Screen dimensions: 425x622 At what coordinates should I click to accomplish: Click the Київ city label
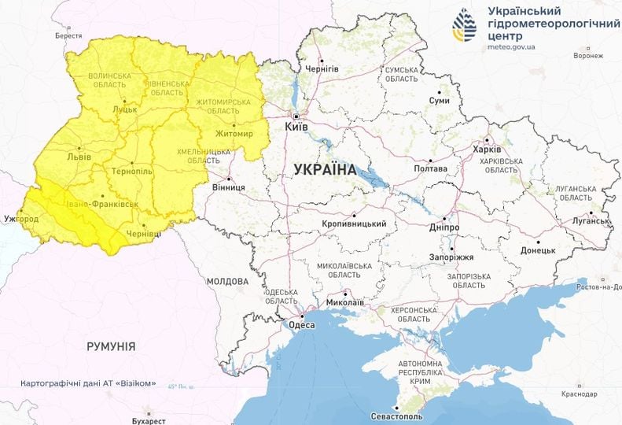click(296, 126)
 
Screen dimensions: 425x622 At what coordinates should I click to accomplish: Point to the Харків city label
click(487, 150)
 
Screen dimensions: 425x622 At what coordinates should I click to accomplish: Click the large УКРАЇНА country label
click(324, 168)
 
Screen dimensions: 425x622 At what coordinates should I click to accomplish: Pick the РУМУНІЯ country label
click(110, 346)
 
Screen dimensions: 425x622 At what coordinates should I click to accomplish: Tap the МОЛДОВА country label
click(227, 281)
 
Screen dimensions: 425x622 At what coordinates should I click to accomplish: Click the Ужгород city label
click(21, 217)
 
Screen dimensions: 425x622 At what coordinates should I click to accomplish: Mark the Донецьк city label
click(538, 250)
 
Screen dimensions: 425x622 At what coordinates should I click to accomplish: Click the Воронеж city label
click(588, 56)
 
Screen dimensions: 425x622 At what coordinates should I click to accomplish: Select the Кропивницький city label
click(354, 224)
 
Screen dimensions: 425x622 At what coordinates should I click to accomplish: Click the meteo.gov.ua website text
click(511, 47)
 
